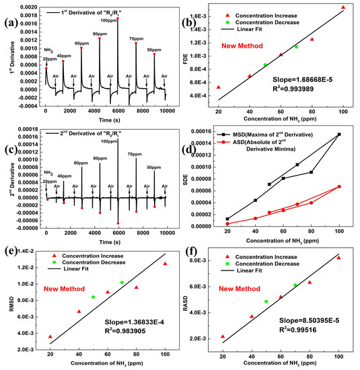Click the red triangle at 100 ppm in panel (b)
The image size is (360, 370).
(x=343, y=7)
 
